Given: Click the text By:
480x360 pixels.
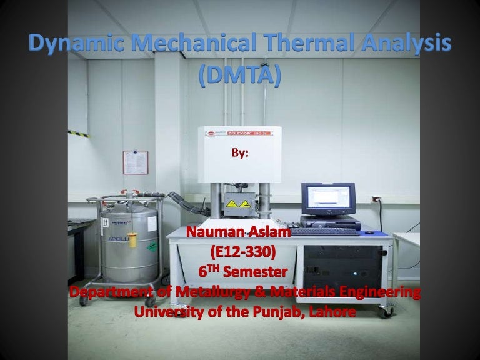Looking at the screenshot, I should coord(240,152).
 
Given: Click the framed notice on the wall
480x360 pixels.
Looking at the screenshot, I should coord(135,162).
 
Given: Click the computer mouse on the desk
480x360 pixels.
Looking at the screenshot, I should coord(368,232).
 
